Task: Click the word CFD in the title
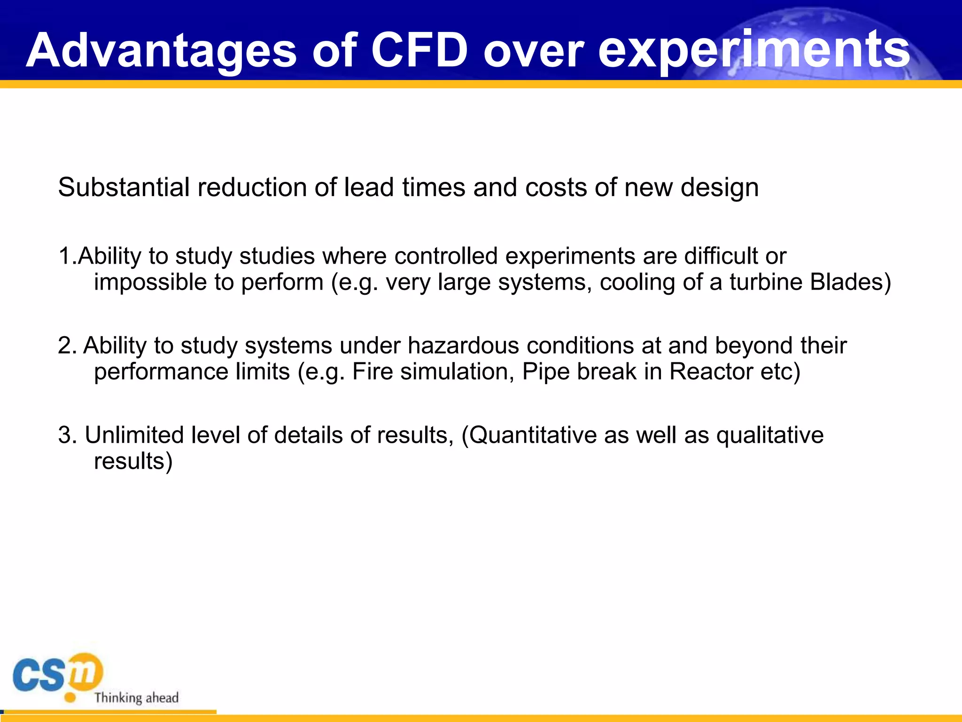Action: (419, 50)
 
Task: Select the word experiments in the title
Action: (753, 50)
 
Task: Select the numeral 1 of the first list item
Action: (64, 257)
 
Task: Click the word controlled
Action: (445, 257)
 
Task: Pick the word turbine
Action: (766, 282)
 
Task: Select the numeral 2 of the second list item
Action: (65, 346)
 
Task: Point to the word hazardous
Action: (463, 346)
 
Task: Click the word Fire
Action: (372, 372)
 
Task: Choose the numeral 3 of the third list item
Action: (65, 435)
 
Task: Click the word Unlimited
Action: (134, 435)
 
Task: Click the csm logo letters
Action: (56, 674)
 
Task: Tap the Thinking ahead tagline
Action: (136, 698)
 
